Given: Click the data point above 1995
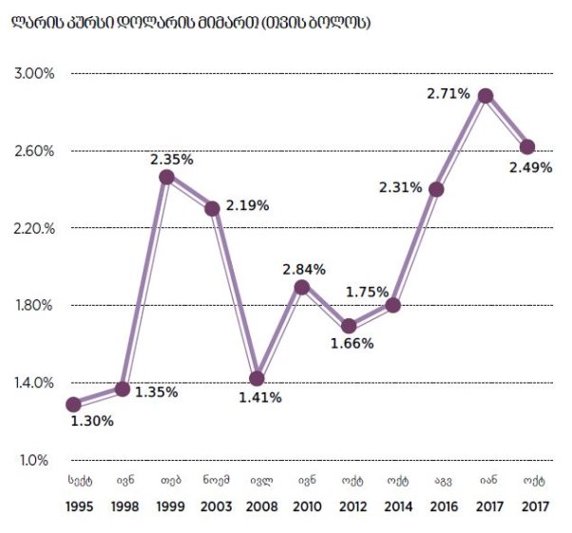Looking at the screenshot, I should click(x=74, y=404).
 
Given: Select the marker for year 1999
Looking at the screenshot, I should click(x=166, y=177).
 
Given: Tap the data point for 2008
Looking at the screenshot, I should click(x=257, y=378).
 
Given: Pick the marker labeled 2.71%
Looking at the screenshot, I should click(x=486, y=96).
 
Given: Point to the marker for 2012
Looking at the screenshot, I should click(x=348, y=326).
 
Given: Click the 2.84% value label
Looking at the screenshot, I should click(x=305, y=269).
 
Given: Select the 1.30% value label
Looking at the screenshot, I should click(x=92, y=421).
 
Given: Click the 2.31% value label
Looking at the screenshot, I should click(x=400, y=187).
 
